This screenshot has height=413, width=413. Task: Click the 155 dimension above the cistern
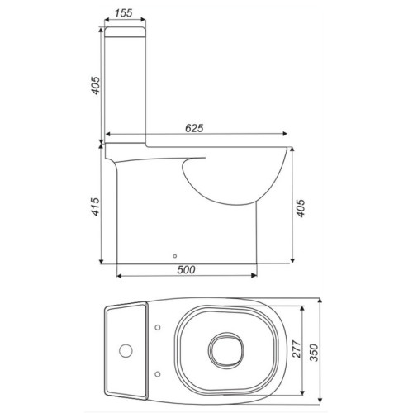[124, 12]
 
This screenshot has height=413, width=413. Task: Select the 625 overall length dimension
[194, 128]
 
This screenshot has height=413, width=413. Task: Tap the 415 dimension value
[95, 206]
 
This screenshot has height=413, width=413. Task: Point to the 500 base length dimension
[187, 269]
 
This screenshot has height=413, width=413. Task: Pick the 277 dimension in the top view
[297, 349]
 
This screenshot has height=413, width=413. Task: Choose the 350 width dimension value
[314, 353]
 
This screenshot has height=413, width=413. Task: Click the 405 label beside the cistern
[95, 86]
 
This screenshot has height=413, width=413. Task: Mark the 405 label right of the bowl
[301, 208]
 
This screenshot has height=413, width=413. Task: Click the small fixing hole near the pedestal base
[175, 256]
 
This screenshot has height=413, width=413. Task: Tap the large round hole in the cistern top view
[126, 351]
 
